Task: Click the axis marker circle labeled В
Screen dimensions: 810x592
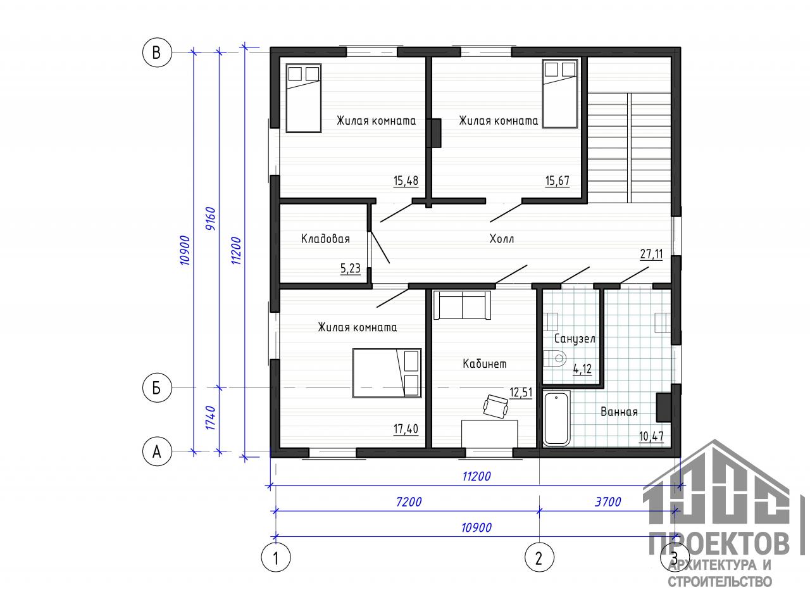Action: point(157,53)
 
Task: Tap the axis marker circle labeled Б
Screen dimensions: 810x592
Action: point(157,387)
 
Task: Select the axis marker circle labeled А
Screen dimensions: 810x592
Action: point(157,451)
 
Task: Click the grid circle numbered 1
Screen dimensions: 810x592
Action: point(276,557)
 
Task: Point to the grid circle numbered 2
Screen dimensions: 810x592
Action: point(539,557)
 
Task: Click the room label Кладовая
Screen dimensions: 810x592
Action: point(325,239)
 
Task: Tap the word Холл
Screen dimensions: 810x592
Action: point(502,239)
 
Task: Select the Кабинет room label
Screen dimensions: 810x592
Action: point(485,363)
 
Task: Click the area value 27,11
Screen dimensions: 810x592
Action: point(652,254)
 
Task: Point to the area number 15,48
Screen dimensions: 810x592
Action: point(406,180)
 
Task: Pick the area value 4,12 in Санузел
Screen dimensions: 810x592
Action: point(582,369)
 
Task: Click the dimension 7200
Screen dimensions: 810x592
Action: point(409,502)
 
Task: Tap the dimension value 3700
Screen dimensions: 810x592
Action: point(608,502)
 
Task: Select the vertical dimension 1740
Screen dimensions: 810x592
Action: point(211,418)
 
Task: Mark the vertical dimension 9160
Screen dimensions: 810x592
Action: point(210,218)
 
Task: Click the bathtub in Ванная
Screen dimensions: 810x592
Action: point(556,419)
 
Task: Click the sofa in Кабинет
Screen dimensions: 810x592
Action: point(462,305)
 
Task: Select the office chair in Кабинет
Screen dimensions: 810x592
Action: point(495,406)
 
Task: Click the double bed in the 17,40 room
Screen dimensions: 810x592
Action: point(387,373)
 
